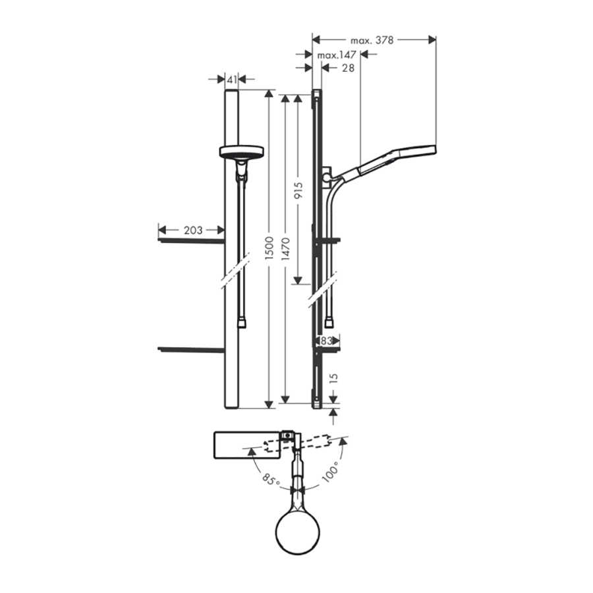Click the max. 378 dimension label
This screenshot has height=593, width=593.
tap(372, 40)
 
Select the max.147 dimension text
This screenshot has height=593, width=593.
tap(337, 55)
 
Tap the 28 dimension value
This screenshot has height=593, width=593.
tap(348, 68)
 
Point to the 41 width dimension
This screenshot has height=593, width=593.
tap(232, 80)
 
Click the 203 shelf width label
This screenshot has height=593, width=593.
tap(193, 230)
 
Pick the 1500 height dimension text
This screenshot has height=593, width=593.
tap(269, 248)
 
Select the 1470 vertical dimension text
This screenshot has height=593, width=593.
tap(286, 249)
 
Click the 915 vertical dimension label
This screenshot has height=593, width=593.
tap(298, 190)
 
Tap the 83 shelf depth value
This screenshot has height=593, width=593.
tap(325, 341)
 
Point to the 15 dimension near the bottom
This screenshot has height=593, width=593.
tap(333, 379)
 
